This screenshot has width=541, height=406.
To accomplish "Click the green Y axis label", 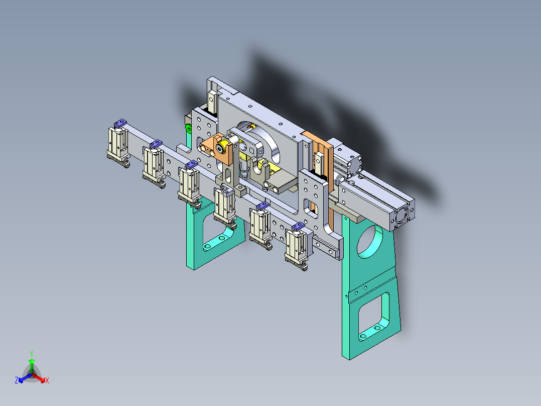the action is (32, 353).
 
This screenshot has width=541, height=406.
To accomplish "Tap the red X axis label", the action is (47, 380).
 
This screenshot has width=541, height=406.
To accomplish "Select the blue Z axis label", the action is (17, 380).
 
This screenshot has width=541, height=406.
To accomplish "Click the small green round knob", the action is (189, 129).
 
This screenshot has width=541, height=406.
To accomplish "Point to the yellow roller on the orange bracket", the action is (222, 148).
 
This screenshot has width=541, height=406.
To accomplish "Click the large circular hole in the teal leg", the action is (369, 242).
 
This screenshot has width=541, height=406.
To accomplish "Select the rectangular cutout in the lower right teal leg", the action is (374, 316).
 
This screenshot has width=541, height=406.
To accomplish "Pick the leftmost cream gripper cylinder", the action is (118, 142).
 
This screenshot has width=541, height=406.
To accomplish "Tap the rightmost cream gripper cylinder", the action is (296, 246).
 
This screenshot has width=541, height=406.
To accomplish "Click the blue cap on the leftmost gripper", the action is (120, 123).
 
